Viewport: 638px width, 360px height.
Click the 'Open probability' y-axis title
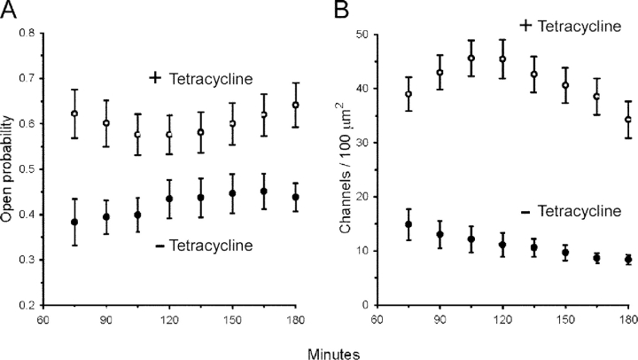tap(10, 168)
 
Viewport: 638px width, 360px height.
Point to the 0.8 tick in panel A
tap(35, 34)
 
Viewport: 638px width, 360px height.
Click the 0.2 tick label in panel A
tap(35, 304)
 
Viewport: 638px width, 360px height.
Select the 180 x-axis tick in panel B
tap(627, 317)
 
